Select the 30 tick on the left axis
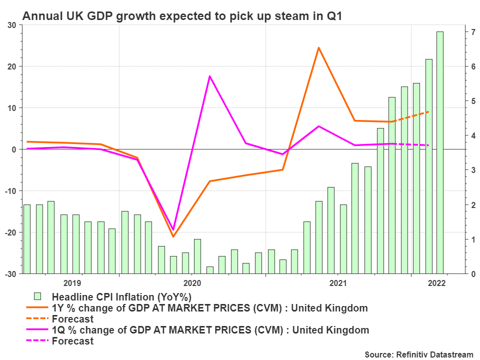(x=11, y=25)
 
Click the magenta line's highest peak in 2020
(x=209, y=76)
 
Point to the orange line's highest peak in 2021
(x=318, y=48)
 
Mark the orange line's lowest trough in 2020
(x=173, y=236)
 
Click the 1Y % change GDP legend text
(x=209, y=307)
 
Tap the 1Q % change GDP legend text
(x=210, y=330)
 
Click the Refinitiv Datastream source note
(x=418, y=354)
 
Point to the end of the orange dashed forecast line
(x=428, y=111)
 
